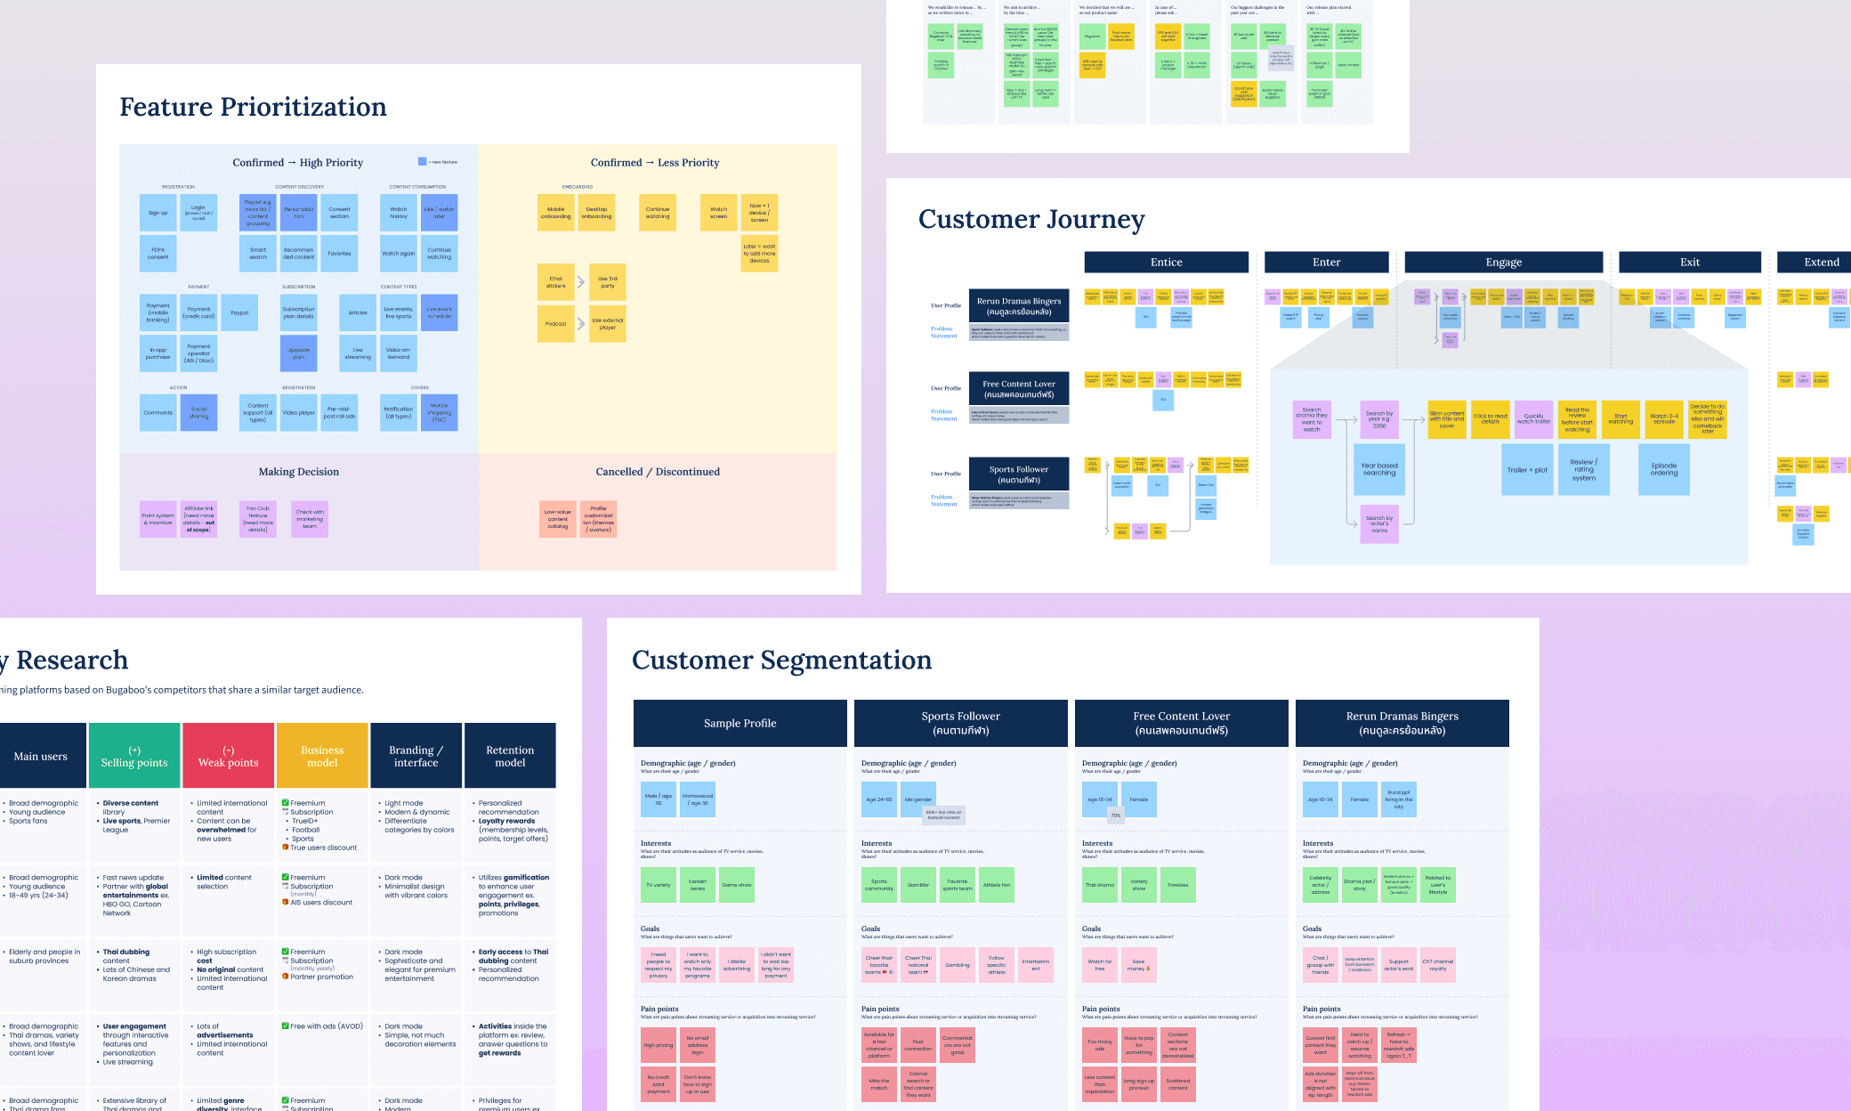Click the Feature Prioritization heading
click(253, 107)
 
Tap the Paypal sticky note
click(239, 312)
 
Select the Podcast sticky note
click(556, 324)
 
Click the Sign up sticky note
click(158, 213)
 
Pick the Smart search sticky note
click(258, 254)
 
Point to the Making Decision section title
click(298, 472)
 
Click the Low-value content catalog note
click(558, 519)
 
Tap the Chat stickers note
click(556, 282)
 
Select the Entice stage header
click(1166, 262)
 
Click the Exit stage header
click(1689, 262)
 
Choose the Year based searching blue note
click(1378, 469)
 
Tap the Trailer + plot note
click(1527, 470)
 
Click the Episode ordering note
click(1663, 469)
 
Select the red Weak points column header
click(228, 756)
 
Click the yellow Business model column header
click(322, 756)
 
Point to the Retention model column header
click(510, 756)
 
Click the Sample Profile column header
click(740, 723)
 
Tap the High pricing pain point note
click(659, 1045)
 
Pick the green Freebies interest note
click(1177, 885)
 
